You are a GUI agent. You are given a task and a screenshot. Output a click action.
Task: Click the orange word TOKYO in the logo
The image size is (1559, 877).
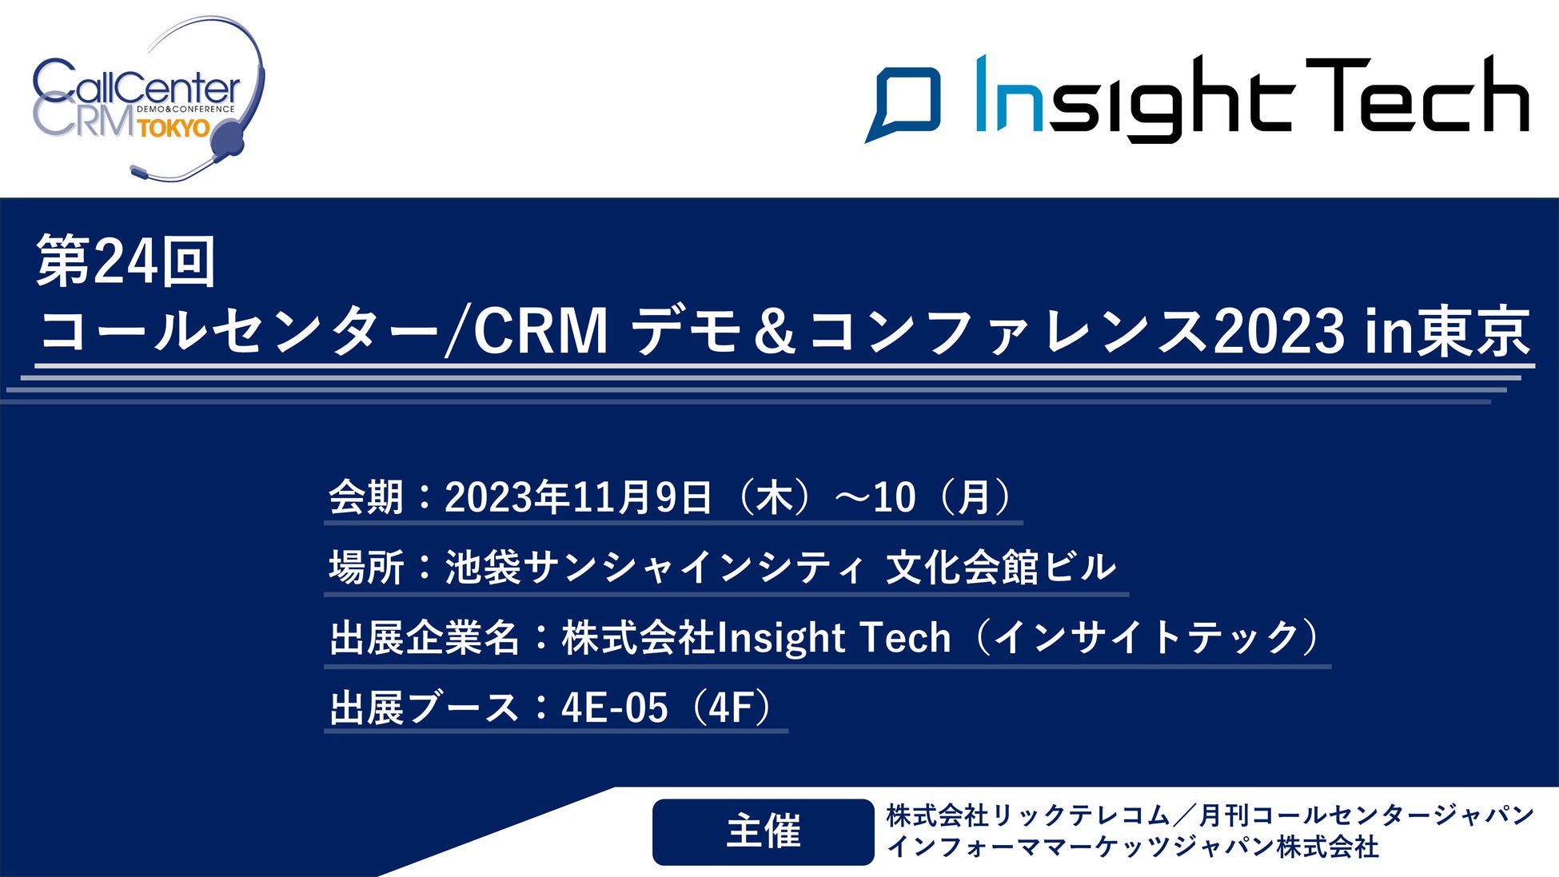coord(173,128)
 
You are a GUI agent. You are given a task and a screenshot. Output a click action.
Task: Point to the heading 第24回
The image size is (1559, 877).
coord(126,261)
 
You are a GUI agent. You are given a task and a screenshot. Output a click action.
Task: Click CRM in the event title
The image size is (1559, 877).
coord(541,331)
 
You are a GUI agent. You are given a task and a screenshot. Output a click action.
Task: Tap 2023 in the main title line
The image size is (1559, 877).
coord(1278,331)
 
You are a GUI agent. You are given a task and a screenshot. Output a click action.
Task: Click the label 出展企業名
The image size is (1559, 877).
coord(425,638)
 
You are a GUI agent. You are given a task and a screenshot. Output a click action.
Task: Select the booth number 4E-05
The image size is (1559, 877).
coord(614,708)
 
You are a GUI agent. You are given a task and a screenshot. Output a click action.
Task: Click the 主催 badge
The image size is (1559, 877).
coord(764,831)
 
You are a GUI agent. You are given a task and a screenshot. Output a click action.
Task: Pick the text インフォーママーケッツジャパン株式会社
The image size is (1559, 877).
coord(1133,847)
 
